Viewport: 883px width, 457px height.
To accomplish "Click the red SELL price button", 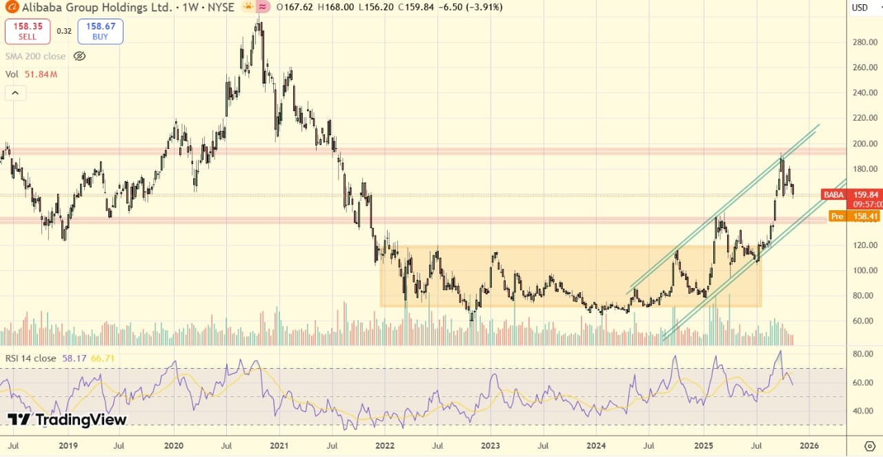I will click(28, 32).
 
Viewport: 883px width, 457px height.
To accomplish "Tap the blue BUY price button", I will click(100, 32).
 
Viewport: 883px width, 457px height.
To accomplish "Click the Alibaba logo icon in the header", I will click(10, 8).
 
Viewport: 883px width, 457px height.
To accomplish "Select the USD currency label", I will click(860, 8).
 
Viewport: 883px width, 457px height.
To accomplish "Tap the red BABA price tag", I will click(833, 195).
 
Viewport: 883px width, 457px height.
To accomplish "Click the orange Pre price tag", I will click(837, 216).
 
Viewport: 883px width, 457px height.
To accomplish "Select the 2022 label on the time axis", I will click(385, 445).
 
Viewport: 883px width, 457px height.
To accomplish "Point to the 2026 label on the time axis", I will click(808, 445).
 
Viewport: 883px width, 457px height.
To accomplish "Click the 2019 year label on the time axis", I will click(68, 445).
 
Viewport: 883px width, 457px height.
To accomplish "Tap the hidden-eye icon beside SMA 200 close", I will click(79, 57).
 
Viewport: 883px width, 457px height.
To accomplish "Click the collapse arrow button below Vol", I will click(15, 93).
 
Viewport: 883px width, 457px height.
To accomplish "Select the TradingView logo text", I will click(67, 419).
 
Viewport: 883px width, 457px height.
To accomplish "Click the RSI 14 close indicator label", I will click(31, 358).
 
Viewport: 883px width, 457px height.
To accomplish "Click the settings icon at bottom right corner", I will click(870, 445).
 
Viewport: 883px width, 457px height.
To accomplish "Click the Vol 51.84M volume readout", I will click(31, 74).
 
